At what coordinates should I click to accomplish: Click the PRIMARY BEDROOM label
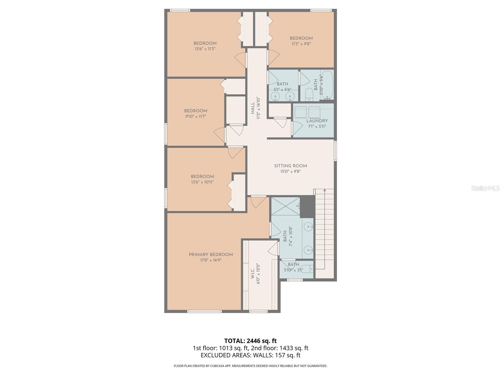pyautogui.click(x=211, y=254)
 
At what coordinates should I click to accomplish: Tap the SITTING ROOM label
pyautogui.click(x=291, y=166)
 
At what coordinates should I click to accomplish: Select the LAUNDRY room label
pyautogui.click(x=317, y=121)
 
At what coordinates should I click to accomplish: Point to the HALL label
pyautogui.click(x=253, y=108)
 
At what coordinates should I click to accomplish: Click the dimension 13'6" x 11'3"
pyautogui.click(x=205, y=49)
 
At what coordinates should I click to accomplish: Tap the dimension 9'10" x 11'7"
pyautogui.click(x=195, y=116)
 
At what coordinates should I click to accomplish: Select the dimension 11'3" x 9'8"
pyautogui.click(x=301, y=44)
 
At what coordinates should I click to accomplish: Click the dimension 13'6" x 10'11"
pyautogui.click(x=202, y=182)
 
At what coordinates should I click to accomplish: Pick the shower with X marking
pyautogui.click(x=285, y=206)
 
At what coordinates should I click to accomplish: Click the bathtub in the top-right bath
pyautogui.click(x=328, y=85)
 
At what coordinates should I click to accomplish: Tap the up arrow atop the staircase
pyautogui.click(x=325, y=190)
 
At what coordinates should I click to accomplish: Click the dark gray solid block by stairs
pyautogui.click(x=307, y=206)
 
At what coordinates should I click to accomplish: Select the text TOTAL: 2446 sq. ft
pyautogui.click(x=250, y=341)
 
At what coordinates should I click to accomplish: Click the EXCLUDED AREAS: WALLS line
pyautogui.click(x=250, y=355)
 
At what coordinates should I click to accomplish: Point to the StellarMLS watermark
pyautogui.click(x=484, y=188)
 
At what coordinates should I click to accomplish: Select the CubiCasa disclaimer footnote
pyautogui.click(x=250, y=366)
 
